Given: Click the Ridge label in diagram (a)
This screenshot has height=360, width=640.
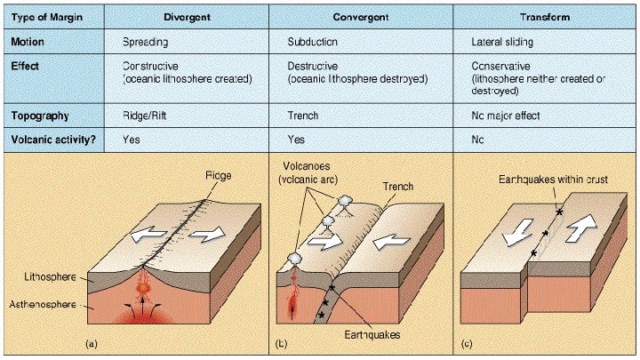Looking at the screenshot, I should point(216,176).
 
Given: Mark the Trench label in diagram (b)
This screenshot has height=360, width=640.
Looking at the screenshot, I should point(398,187).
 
